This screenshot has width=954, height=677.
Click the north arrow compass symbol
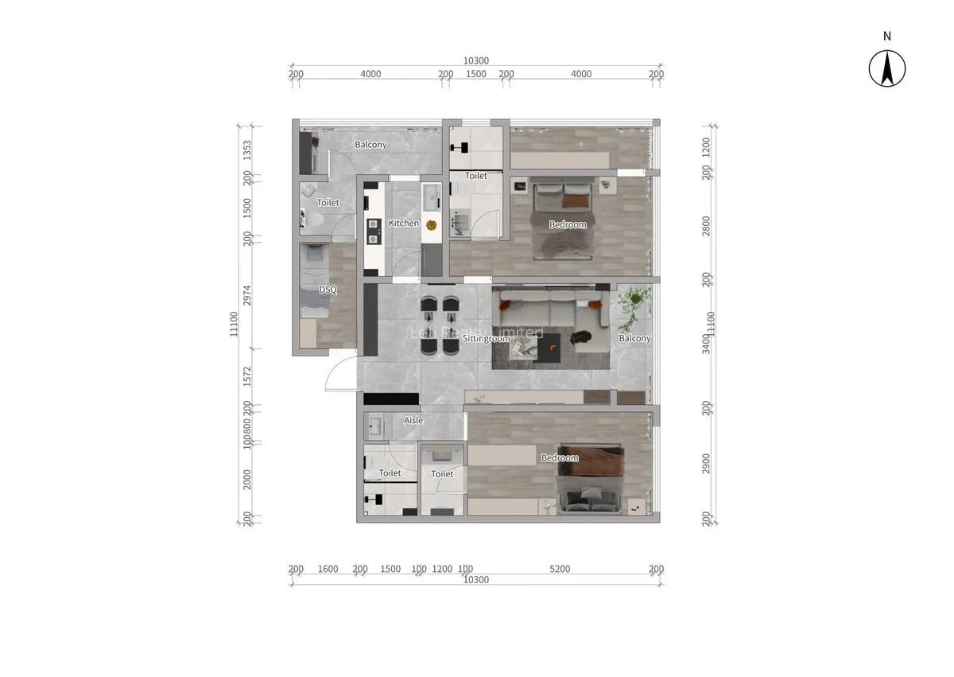click(886, 68)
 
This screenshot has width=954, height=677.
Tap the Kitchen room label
click(404, 224)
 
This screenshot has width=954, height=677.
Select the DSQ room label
click(328, 290)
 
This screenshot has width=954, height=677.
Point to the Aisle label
click(413, 420)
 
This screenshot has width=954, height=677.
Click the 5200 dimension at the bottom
click(560, 570)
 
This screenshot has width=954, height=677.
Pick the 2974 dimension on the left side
click(247, 295)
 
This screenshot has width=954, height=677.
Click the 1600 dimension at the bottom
click(328, 570)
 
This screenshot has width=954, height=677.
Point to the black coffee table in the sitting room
click(551, 345)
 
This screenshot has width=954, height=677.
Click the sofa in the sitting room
click(549, 306)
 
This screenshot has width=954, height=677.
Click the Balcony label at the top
click(370, 145)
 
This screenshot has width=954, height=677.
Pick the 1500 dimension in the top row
click(476, 74)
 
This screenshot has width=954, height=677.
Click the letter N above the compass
click(887, 36)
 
